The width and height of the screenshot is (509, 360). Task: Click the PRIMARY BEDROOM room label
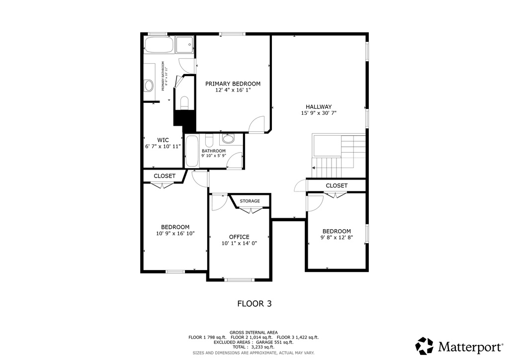(233, 84)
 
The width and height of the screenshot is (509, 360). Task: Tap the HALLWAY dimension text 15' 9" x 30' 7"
(319, 113)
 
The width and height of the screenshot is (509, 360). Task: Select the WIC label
(163, 140)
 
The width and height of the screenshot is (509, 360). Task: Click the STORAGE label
(250, 201)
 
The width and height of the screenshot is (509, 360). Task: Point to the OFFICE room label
(239, 237)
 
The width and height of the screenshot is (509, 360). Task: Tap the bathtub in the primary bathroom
(159, 46)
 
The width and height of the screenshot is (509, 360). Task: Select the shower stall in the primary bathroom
(185, 44)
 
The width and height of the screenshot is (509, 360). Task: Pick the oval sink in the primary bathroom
(149, 86)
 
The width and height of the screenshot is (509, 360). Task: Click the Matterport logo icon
(424, 346)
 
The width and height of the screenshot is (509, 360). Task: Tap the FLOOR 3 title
(254, 303)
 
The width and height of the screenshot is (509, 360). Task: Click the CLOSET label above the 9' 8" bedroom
(337, 185)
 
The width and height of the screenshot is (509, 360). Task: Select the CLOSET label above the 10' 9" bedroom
(165, 176)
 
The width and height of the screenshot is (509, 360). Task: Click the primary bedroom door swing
(257, 124)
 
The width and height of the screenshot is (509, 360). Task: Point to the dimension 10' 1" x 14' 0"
(239, 243)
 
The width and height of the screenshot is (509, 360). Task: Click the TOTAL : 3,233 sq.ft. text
(254, 347)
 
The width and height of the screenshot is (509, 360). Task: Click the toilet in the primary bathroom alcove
(184, 103)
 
